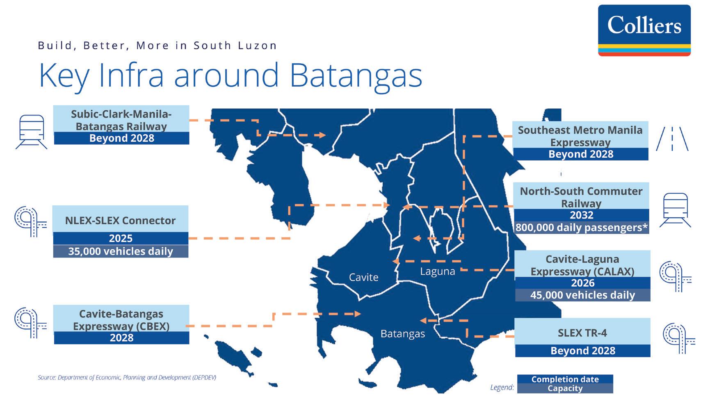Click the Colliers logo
point(644,30)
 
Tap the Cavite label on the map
point(363,278)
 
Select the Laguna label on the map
point(437,271)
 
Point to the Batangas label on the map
point(402,334)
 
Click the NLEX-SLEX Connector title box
point(120,221)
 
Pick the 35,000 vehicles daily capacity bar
point(121,251)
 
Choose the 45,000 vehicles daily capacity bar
point(582,295)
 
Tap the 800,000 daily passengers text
point(581,228)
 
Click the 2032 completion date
point(581,215)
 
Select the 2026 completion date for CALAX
point(582,283)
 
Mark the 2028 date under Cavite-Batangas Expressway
point(121,338)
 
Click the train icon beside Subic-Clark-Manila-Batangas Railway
point(32,132)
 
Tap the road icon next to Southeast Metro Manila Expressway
point(672,139)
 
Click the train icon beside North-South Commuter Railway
point(675,210)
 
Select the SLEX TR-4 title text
point(582,333)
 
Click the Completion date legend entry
point(565,379)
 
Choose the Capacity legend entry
point(565,389)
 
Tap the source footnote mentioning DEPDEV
point(127,377)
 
